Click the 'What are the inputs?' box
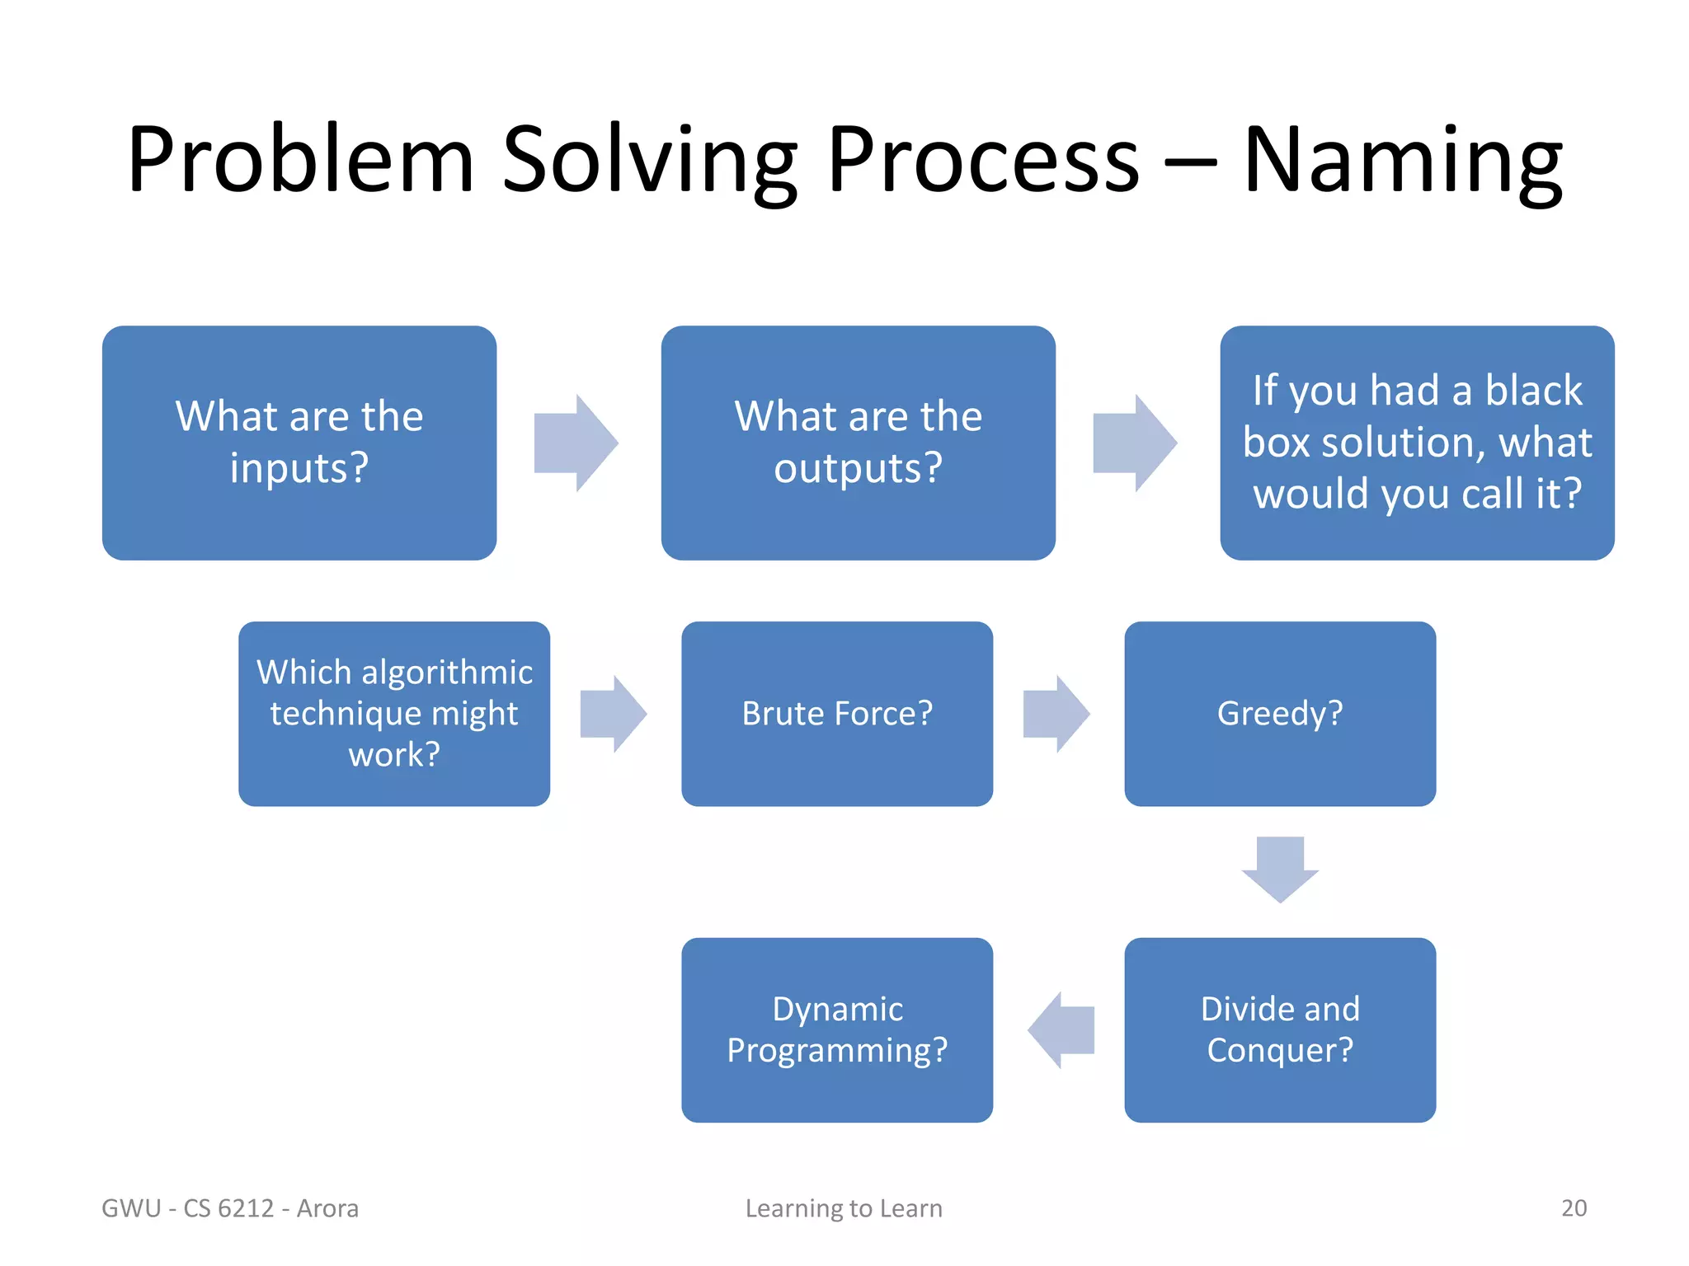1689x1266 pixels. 299,443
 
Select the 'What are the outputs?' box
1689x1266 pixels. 858,443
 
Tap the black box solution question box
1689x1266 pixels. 1416,443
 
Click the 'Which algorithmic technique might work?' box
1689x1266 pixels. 394,714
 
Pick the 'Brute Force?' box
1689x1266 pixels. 836,714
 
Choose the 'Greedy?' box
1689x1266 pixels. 1279,714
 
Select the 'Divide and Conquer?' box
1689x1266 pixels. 1279,1029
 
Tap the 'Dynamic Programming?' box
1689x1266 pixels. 836,1029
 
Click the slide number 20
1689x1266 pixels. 1574,1207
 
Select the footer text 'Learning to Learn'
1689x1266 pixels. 844,1208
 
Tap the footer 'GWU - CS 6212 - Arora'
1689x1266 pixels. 230,1208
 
